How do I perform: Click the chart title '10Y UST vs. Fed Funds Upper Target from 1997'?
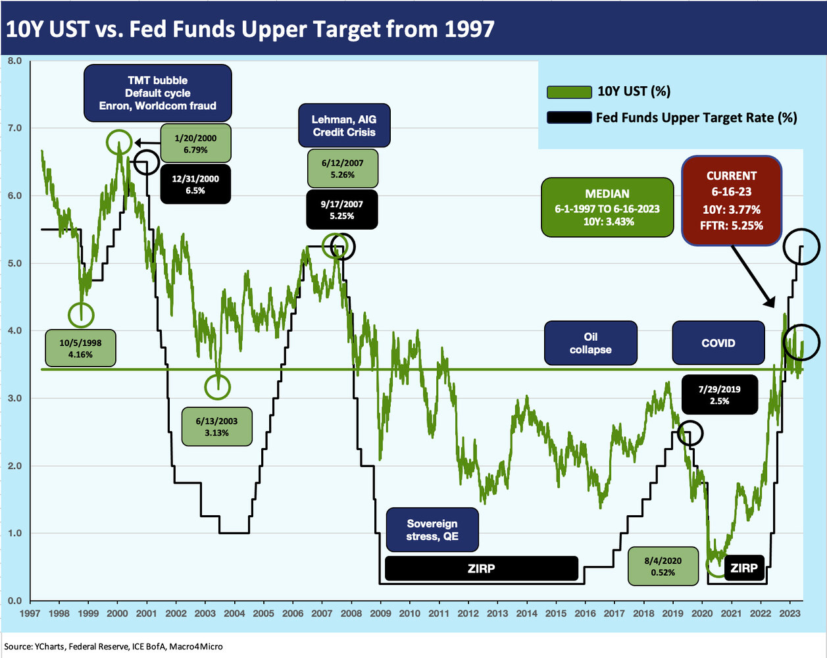[x=250, y=29]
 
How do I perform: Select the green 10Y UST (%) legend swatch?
[x=569, y=92]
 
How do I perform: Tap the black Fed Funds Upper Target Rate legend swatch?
[x=568, y=118]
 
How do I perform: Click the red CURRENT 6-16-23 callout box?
[x=731, y=201]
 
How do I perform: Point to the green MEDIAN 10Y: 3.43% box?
[x=607, y=207]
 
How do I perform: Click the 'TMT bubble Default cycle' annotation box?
[x=157, y=93]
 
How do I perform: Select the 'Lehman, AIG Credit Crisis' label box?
[x=344, y=126]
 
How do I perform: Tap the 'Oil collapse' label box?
[x=590, y=343]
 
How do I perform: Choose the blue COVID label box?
[x=718, y=343]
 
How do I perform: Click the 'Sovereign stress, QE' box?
[x=432, y=530]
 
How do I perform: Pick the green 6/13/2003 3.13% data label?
[x=216, y=427]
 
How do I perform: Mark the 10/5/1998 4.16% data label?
[x=81, y=348]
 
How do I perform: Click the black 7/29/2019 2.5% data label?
[x=719, y=395]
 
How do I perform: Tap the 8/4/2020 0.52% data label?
[x=663, y=567]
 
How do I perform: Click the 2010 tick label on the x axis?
[x=409, y=613]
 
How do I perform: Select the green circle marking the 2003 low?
[x=217, y=387]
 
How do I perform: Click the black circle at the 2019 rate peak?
[x=690, y=432]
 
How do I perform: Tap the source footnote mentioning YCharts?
[x=113, y=646]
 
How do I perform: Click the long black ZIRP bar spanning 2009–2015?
[x=481, y=569]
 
